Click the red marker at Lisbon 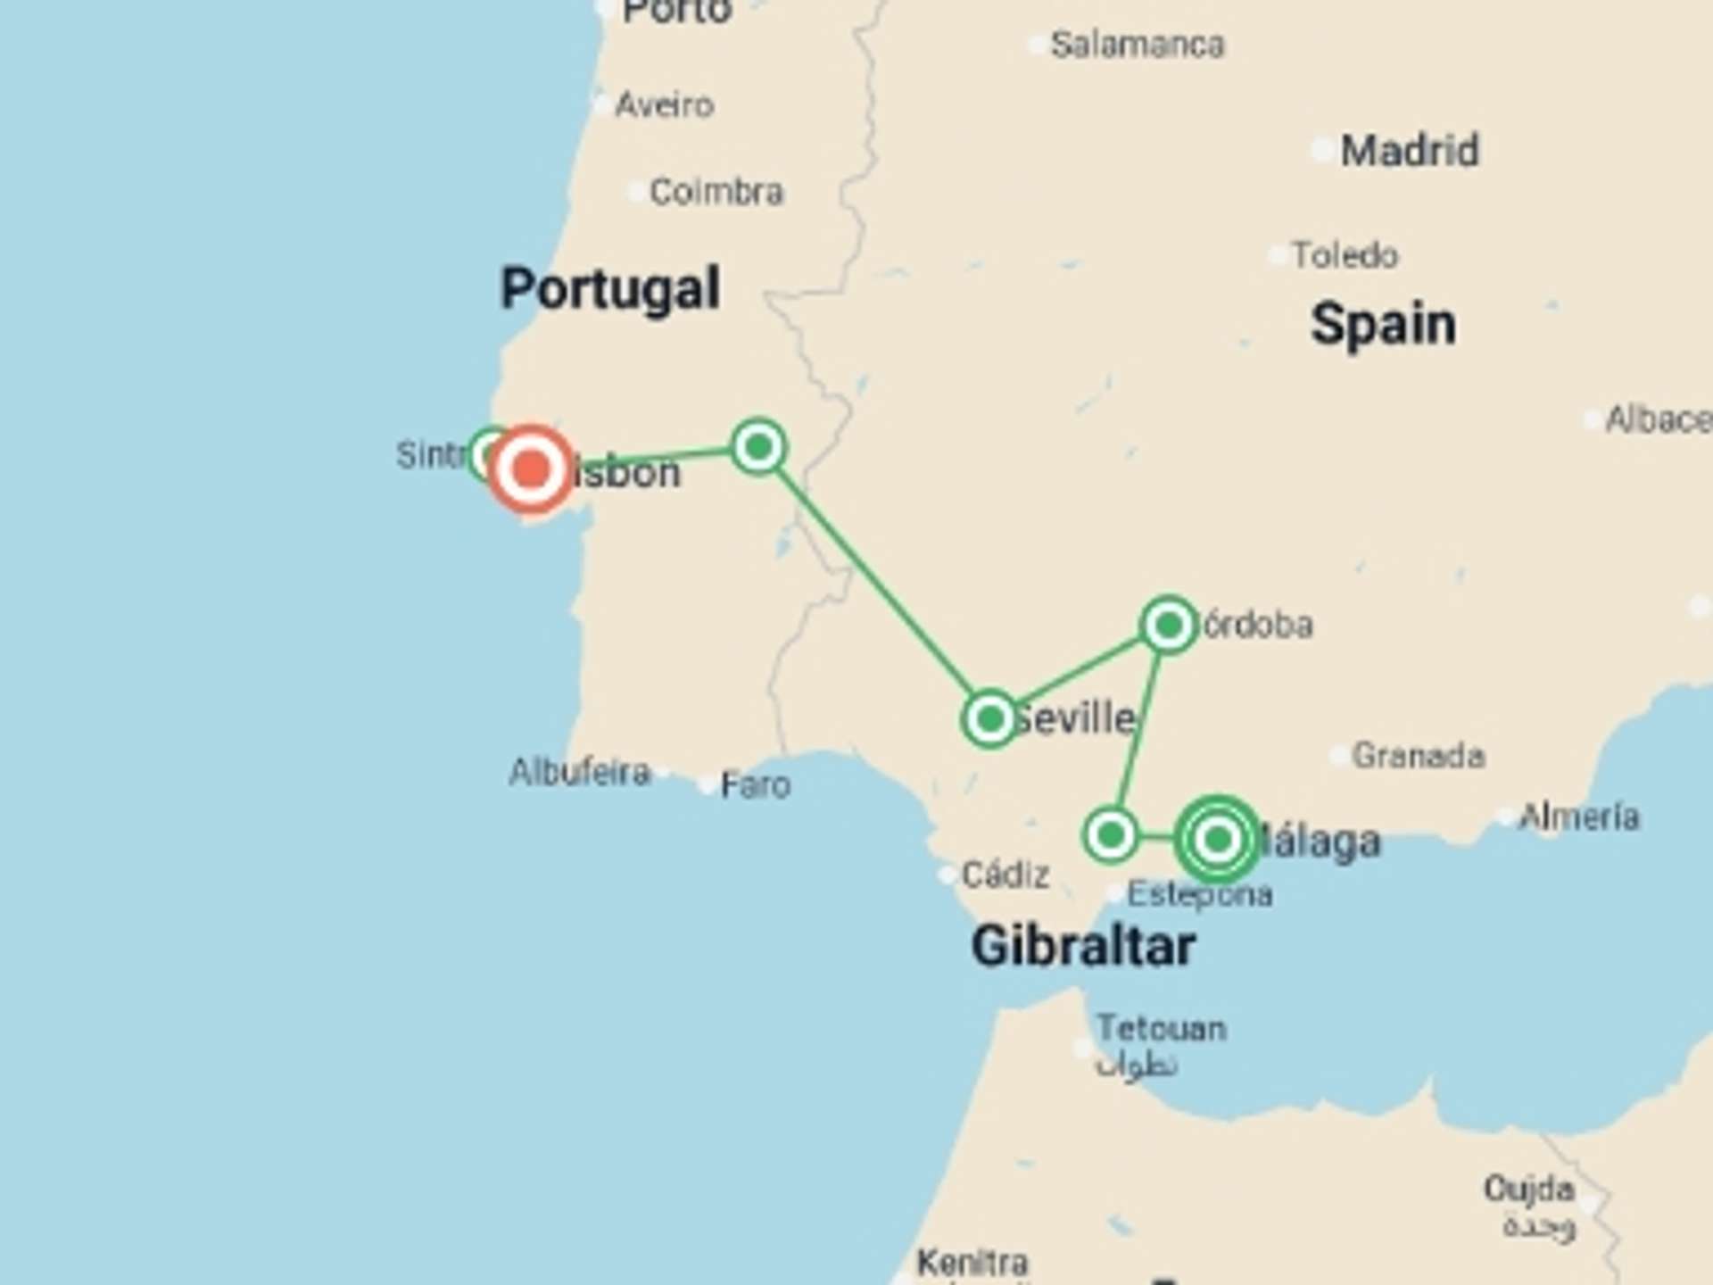click(x=531, y=469)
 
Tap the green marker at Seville click(x=989, y=718)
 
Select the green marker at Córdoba click(x=1168, y=626)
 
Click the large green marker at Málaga click(x=1217, y=839)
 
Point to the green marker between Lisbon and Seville click(x=758, y=446)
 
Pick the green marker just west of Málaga click(x=1110, y=835)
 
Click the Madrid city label click(x=1410, y=150)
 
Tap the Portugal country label click(x=610, y=288)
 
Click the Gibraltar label click(x=1083, y=946)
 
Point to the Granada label click(x=1419, y=756)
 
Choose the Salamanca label click(x=1138, y=45)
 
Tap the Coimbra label click(x=716, y=192)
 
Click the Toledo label click(x=1345, y=256)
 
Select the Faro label click(x=755, y=785)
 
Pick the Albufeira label click(x=580, y=772)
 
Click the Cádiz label click(x=1005, y=875)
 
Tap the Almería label click(x=1579, y=817)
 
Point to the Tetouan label click(x=1161, y=1029)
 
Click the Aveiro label click(x=665, y=105)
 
